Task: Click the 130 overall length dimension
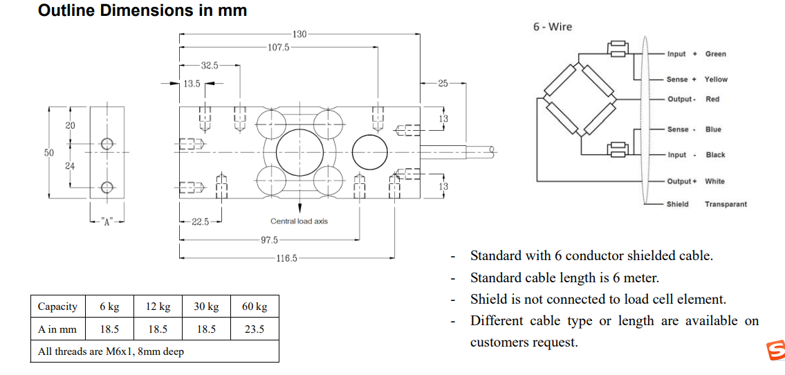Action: (299, 34)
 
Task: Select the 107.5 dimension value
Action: (278, 48)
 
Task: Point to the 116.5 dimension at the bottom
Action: (286, 258)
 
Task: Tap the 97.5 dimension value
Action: (269, 240)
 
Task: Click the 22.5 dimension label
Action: (201, 221)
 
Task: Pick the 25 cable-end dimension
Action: (443, 83)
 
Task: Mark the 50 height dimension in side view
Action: (49, 153)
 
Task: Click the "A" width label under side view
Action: (107, 222)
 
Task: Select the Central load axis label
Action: (299, 221)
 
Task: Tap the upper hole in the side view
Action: (107, 144)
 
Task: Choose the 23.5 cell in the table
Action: (255, 329)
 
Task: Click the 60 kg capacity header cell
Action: (255, 307)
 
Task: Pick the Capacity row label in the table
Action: (57, 307)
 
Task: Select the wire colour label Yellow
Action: (716, 80)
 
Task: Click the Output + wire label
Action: (682, 181)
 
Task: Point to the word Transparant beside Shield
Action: (726, 204)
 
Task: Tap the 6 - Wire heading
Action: (553, 27)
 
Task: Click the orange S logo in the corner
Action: (775, 351)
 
